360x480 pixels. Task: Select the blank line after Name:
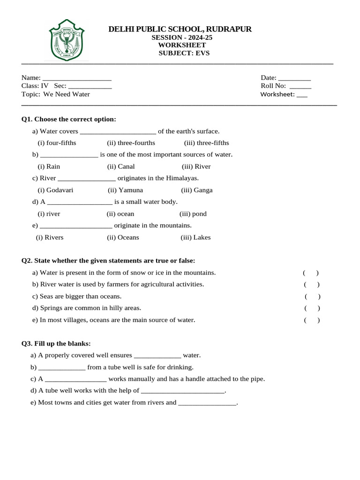coord(76,78)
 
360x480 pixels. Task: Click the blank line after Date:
coord(294,78)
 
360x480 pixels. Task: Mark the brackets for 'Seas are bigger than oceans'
coord(313,296)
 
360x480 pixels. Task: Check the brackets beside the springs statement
coord(312,308)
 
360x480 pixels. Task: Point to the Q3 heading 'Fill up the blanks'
coord(56,344)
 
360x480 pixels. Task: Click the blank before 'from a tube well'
coord(61,368)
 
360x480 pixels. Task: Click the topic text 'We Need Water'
coord(67,94)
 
